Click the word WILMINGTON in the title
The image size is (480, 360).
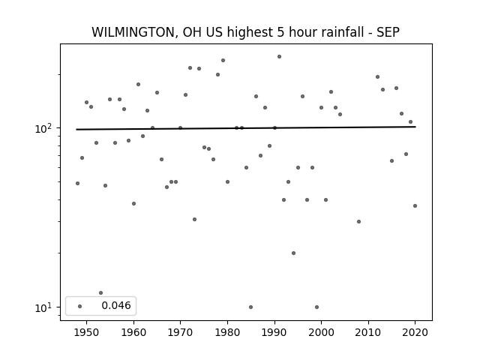[133, 32]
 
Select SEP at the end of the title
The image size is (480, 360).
[388, 32]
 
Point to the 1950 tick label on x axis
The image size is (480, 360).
[86, 332]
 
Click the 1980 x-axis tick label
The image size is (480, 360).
[227, 332]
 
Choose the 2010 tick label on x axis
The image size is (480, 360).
[368, 332]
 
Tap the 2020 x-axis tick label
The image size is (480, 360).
[415, 332]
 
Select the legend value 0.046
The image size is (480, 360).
[116, 305]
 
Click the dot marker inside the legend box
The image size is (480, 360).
[80, 306]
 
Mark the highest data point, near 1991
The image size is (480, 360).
[279, 57]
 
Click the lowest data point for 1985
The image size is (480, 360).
[250, 307]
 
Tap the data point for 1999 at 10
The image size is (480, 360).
[316, 307]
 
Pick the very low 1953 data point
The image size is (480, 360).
[100, 293]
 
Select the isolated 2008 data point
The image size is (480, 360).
[358, 222]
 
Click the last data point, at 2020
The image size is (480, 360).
[415, 206]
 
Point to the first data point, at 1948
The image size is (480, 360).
[77, 183]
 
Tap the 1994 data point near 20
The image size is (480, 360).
[293, 253]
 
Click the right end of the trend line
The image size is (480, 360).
[415, 127]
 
